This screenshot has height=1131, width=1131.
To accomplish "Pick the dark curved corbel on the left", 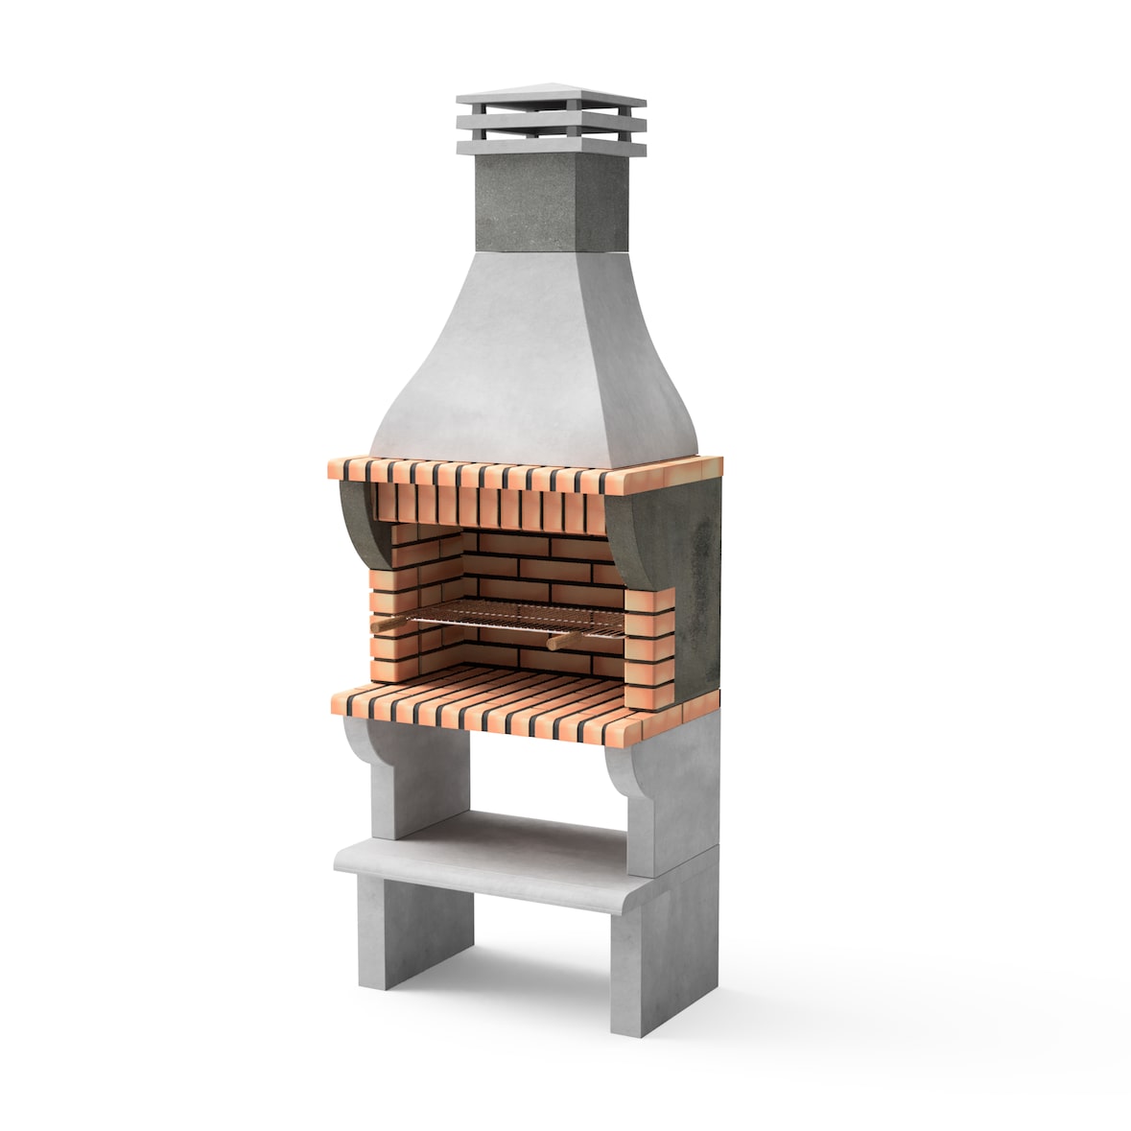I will pyautogui.click(x=357, y=523).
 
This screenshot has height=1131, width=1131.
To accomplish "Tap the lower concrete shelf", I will pyautogui.click(x=499, y=863).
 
